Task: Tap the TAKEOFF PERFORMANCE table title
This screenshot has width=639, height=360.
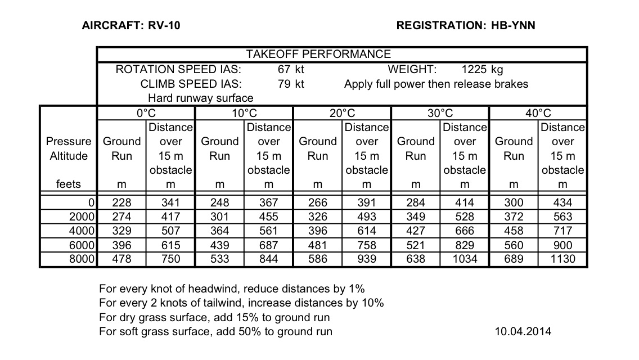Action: [x=318, y=55]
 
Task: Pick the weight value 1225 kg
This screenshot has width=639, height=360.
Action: [x=482, y=70]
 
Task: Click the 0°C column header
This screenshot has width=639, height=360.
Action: [x=146, y=113]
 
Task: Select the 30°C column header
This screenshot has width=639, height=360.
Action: [x=440, y=113]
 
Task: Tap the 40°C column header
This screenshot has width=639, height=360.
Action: [x=538, y=113]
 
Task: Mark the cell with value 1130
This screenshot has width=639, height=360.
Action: [x=562, y=259]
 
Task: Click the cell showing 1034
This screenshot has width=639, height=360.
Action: [x=464, y=259]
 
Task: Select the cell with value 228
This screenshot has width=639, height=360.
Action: [x=121, y=202]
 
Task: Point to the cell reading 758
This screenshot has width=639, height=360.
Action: [x=366, y=245]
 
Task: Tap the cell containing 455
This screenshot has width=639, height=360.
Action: [x=268, y=217]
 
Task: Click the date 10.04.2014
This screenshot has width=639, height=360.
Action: [x=523, y=331]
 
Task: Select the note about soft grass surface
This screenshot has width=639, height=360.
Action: [x=215, y=331]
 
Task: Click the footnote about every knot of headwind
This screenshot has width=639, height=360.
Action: [x=232, y=289]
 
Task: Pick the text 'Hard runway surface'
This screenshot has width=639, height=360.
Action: [x=192, y=98]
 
